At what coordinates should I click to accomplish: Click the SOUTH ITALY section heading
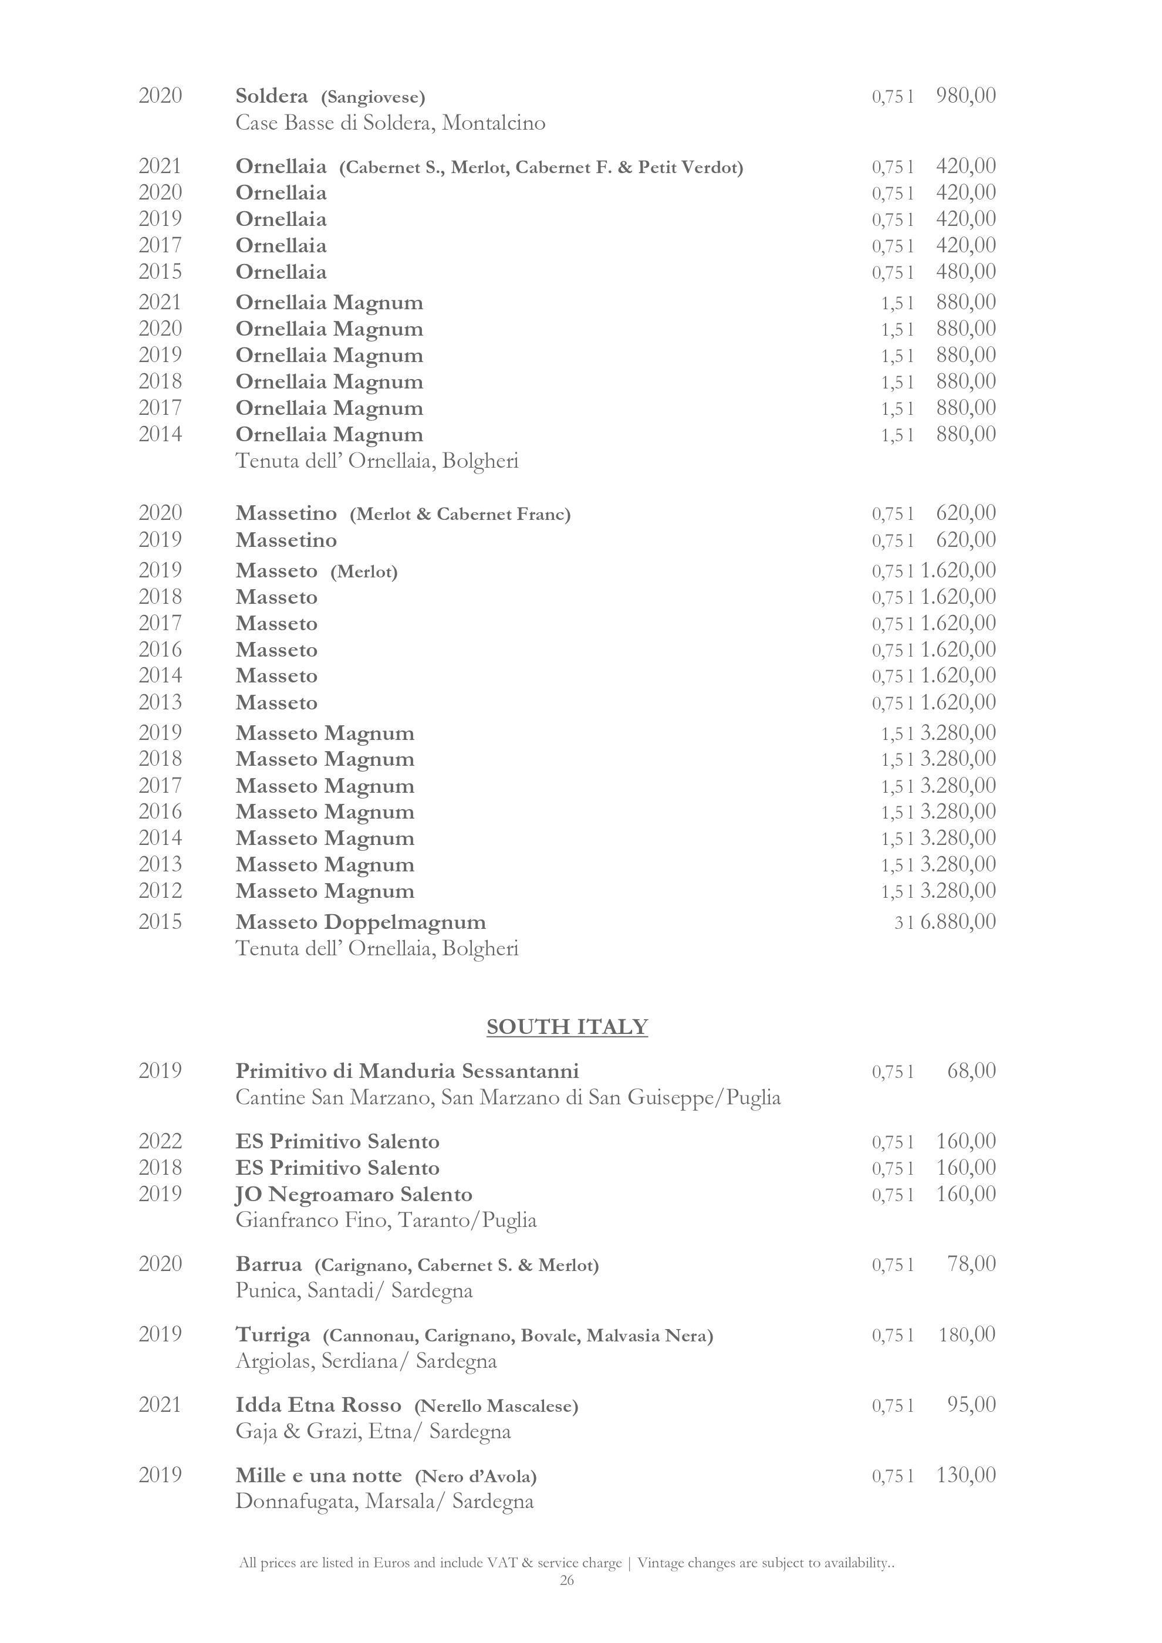(567, 1027)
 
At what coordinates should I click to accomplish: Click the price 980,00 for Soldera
(966, 95)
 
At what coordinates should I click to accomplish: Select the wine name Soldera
(272, 96)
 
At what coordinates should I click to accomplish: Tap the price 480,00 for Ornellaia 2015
(966, 272)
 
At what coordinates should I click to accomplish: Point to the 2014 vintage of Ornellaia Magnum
(160, 434)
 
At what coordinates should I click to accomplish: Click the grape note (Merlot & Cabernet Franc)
(460, 515)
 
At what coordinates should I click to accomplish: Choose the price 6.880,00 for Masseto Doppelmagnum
(958, 922)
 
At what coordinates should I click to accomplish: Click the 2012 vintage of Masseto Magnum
(160, 891)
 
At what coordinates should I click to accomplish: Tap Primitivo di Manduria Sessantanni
(407, 1071)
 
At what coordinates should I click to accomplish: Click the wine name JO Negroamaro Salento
(354, 1194)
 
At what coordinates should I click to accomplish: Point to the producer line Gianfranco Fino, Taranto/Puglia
(386, 1220)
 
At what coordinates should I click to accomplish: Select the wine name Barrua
(269, 1265)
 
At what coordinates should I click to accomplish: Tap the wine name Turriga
(273, 1334)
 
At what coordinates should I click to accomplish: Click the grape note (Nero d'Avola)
(476, 1476)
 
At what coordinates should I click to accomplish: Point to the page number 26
(567, 1581)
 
